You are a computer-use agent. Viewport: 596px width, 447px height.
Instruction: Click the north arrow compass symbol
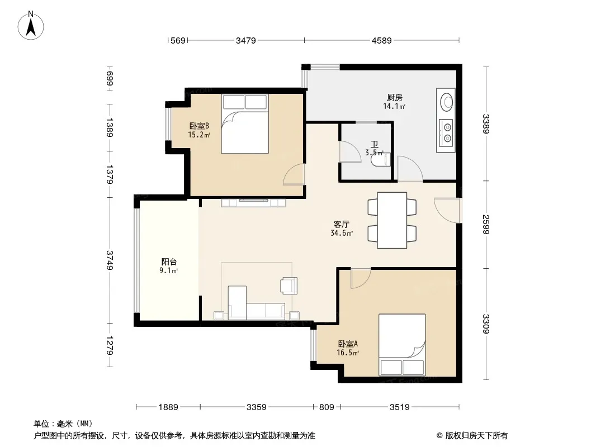31,26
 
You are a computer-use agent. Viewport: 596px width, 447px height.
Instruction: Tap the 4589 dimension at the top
382,41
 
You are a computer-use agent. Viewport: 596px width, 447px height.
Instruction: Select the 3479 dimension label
246,41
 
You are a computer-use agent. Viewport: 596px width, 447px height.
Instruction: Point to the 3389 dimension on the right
486,124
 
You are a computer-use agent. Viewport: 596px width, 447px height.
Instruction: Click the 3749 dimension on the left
110,260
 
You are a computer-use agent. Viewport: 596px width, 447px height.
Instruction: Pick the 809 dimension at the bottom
327,407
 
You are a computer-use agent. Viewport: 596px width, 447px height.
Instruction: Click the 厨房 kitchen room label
395,98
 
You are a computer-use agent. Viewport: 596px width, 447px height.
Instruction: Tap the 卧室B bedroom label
199,126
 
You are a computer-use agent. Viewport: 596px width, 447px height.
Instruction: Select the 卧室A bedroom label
348,344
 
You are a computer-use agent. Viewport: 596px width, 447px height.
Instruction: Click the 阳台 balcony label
169,261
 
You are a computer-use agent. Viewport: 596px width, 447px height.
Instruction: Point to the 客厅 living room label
342,224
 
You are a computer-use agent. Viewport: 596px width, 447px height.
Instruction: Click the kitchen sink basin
446,102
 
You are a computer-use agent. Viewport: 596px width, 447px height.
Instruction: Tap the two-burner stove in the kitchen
446,132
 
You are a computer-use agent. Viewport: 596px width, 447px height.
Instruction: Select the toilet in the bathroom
381,159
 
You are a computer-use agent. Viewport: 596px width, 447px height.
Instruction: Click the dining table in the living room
392,220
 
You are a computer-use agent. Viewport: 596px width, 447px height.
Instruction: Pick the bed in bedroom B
245,124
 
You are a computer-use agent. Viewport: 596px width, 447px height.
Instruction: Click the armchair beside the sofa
289,286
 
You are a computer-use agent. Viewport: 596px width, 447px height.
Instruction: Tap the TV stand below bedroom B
253,203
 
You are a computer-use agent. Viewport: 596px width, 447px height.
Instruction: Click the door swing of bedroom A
360,278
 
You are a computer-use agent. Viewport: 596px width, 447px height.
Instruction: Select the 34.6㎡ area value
342,233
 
